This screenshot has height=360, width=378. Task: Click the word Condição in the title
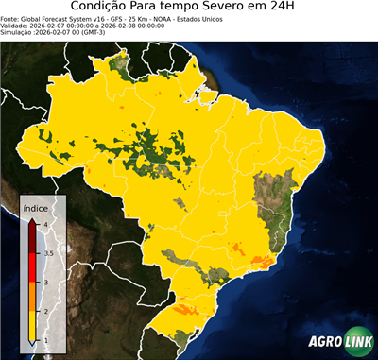pos(104,7)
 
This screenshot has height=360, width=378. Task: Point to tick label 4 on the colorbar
pos(45,224)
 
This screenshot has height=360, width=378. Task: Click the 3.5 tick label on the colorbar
pos(48,253)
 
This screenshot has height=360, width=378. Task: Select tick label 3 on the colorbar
pos(45,282)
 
